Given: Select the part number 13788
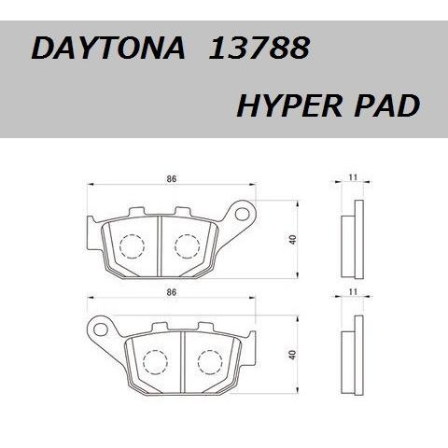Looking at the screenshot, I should (x=254, y=49).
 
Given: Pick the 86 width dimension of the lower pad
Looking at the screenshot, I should (x=172, y=293).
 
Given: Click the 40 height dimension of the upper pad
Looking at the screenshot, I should (x=293, y=242).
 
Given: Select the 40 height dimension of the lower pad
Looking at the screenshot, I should (x=293, y=355).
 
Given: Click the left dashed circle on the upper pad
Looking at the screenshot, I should (x=133, y=245).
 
